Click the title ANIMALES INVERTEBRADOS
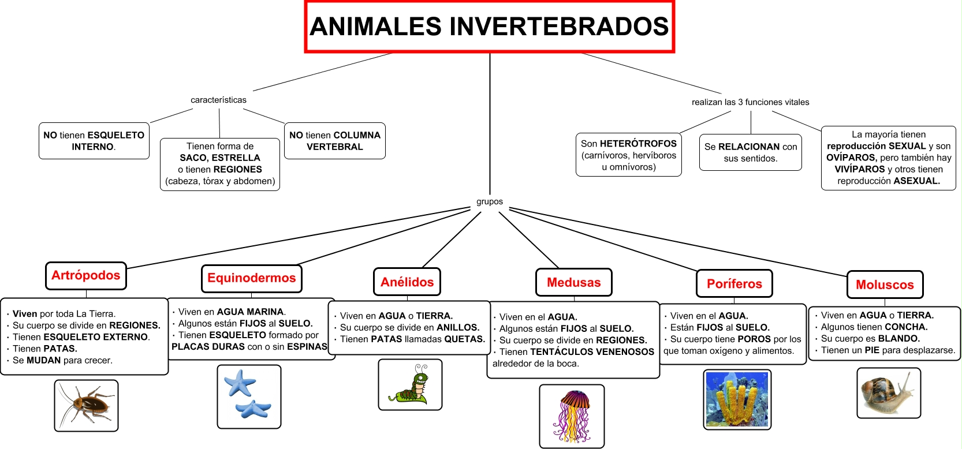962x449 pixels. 489,27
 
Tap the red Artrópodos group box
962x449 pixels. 86,276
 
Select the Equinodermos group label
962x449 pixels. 252,278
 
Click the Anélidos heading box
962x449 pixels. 407,282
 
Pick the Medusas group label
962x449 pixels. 574,282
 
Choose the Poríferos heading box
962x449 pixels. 734,284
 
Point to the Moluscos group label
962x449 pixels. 885,285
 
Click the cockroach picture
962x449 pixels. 86,405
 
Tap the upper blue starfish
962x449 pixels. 240,382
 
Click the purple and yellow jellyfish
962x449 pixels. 572,416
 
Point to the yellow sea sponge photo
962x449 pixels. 737,399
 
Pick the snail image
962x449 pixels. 889,392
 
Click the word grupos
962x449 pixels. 490,202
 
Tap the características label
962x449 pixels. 219,100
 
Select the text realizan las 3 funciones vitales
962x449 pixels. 750,102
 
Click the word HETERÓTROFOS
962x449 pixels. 638,144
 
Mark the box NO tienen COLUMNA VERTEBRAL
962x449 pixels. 335,141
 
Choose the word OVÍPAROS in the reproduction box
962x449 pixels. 851,158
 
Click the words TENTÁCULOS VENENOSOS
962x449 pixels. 592,352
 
